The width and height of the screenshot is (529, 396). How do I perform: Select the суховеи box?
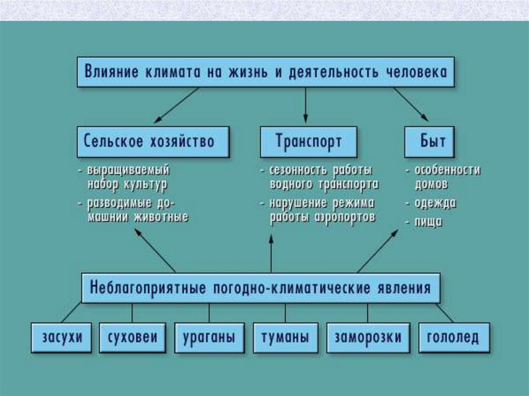tap(133, 338)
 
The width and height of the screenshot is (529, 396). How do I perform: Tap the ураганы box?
tap(209, 338)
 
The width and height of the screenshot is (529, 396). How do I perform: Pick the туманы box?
tap(286, 338)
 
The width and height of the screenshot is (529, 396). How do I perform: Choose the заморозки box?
tap(368, 338)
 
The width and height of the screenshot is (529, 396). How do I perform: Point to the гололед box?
tap(453, 338)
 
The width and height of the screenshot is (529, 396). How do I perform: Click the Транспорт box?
tap(308, 141)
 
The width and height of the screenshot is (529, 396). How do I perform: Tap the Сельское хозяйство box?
tap(153, 141)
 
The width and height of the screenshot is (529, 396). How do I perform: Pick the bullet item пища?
tap(428, 223)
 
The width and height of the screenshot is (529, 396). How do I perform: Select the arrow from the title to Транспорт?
tap(305, 105)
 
